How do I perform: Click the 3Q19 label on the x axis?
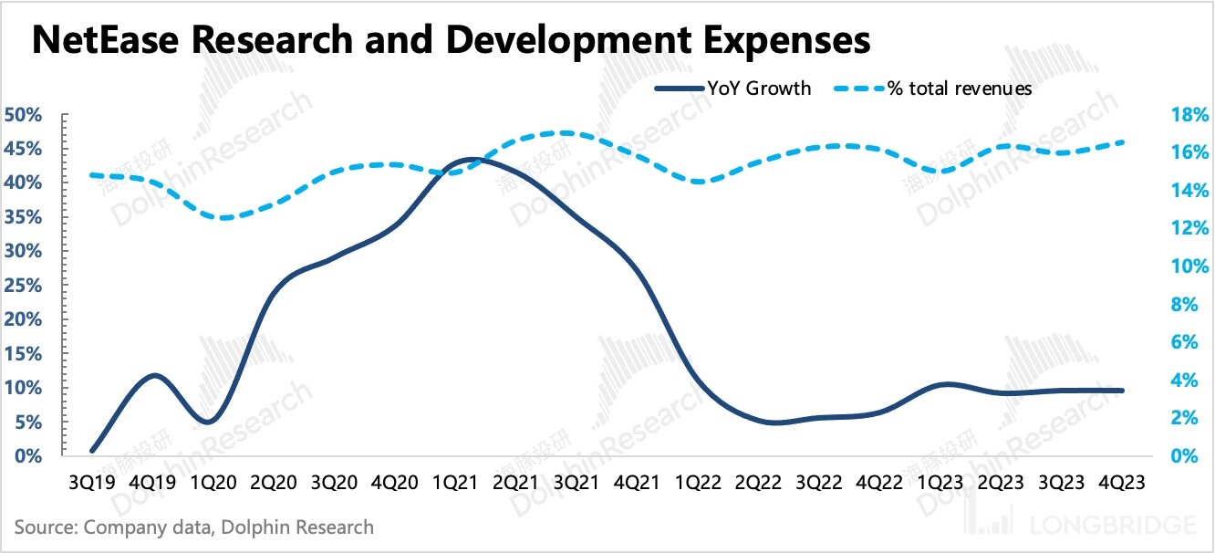click(92, 481)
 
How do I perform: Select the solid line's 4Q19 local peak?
click(155, 375)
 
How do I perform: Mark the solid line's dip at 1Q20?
click(208, 422)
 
